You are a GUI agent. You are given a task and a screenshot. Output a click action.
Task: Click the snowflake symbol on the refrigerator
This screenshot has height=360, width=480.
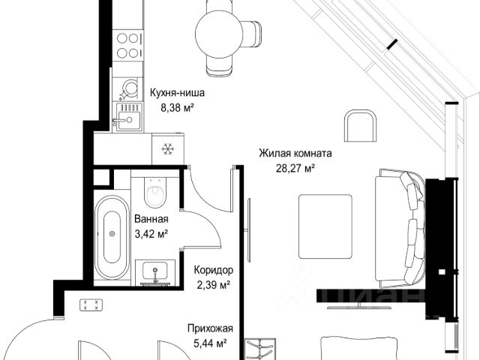pos(168,149)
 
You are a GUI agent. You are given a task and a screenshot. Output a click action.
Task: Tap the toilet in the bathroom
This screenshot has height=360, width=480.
pos(155,193)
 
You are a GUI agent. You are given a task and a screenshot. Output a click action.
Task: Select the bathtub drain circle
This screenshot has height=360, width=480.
pos(112,233)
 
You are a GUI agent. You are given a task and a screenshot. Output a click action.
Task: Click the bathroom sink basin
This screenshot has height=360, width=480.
pos(155,271)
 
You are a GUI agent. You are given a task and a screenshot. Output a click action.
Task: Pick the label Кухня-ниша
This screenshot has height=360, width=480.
pos(177,93)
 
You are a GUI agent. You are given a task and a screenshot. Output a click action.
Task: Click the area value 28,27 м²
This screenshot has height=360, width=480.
pos(295,168)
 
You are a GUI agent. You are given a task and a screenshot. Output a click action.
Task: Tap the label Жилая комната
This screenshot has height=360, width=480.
pos(295,153)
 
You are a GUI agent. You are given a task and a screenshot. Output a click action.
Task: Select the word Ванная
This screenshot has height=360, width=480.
pos(151,219)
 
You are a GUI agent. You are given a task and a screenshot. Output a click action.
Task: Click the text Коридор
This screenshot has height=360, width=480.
pos(214,270)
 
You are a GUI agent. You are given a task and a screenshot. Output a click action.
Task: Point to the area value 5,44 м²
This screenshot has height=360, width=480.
pos(210,343)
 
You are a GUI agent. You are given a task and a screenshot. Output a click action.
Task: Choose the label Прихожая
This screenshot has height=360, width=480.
pos(210,328)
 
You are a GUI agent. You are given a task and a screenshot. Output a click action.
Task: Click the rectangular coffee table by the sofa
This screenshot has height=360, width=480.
pos(325,226)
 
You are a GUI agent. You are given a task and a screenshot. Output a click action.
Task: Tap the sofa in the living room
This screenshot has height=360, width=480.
pos(400,228)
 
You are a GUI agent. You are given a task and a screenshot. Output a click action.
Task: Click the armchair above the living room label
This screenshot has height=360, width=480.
pos(360,125)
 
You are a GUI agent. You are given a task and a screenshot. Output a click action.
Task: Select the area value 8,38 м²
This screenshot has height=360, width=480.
pos(178,108)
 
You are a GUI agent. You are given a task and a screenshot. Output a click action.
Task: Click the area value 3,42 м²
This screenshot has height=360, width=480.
pos(151,234)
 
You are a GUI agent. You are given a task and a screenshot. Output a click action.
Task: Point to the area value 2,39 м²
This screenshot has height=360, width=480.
pos(213,285)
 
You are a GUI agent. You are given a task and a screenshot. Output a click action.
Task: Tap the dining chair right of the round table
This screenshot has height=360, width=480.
pos(252,34)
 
